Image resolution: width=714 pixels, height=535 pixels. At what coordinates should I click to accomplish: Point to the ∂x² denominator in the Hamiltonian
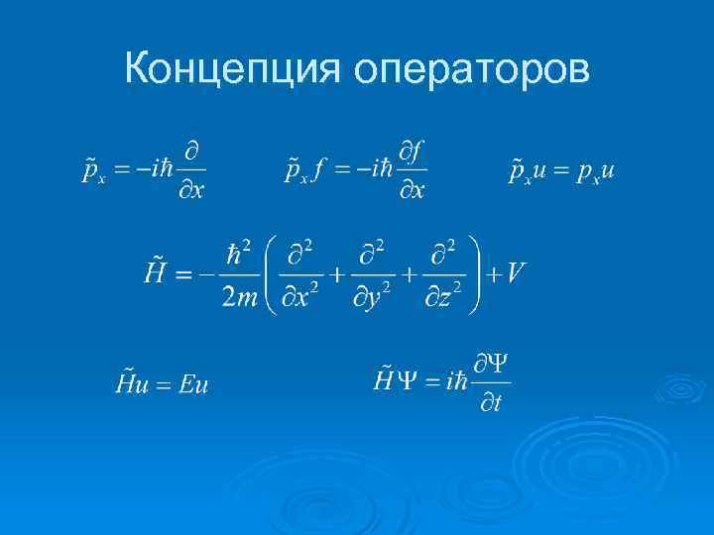point(301,295)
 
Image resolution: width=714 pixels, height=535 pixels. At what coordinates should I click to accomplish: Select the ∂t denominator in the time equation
point(491,403)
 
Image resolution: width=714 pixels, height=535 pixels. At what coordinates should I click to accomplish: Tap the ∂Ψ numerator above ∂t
point(493,364)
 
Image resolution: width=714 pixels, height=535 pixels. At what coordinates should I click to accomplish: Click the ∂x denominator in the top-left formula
point(193,191)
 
